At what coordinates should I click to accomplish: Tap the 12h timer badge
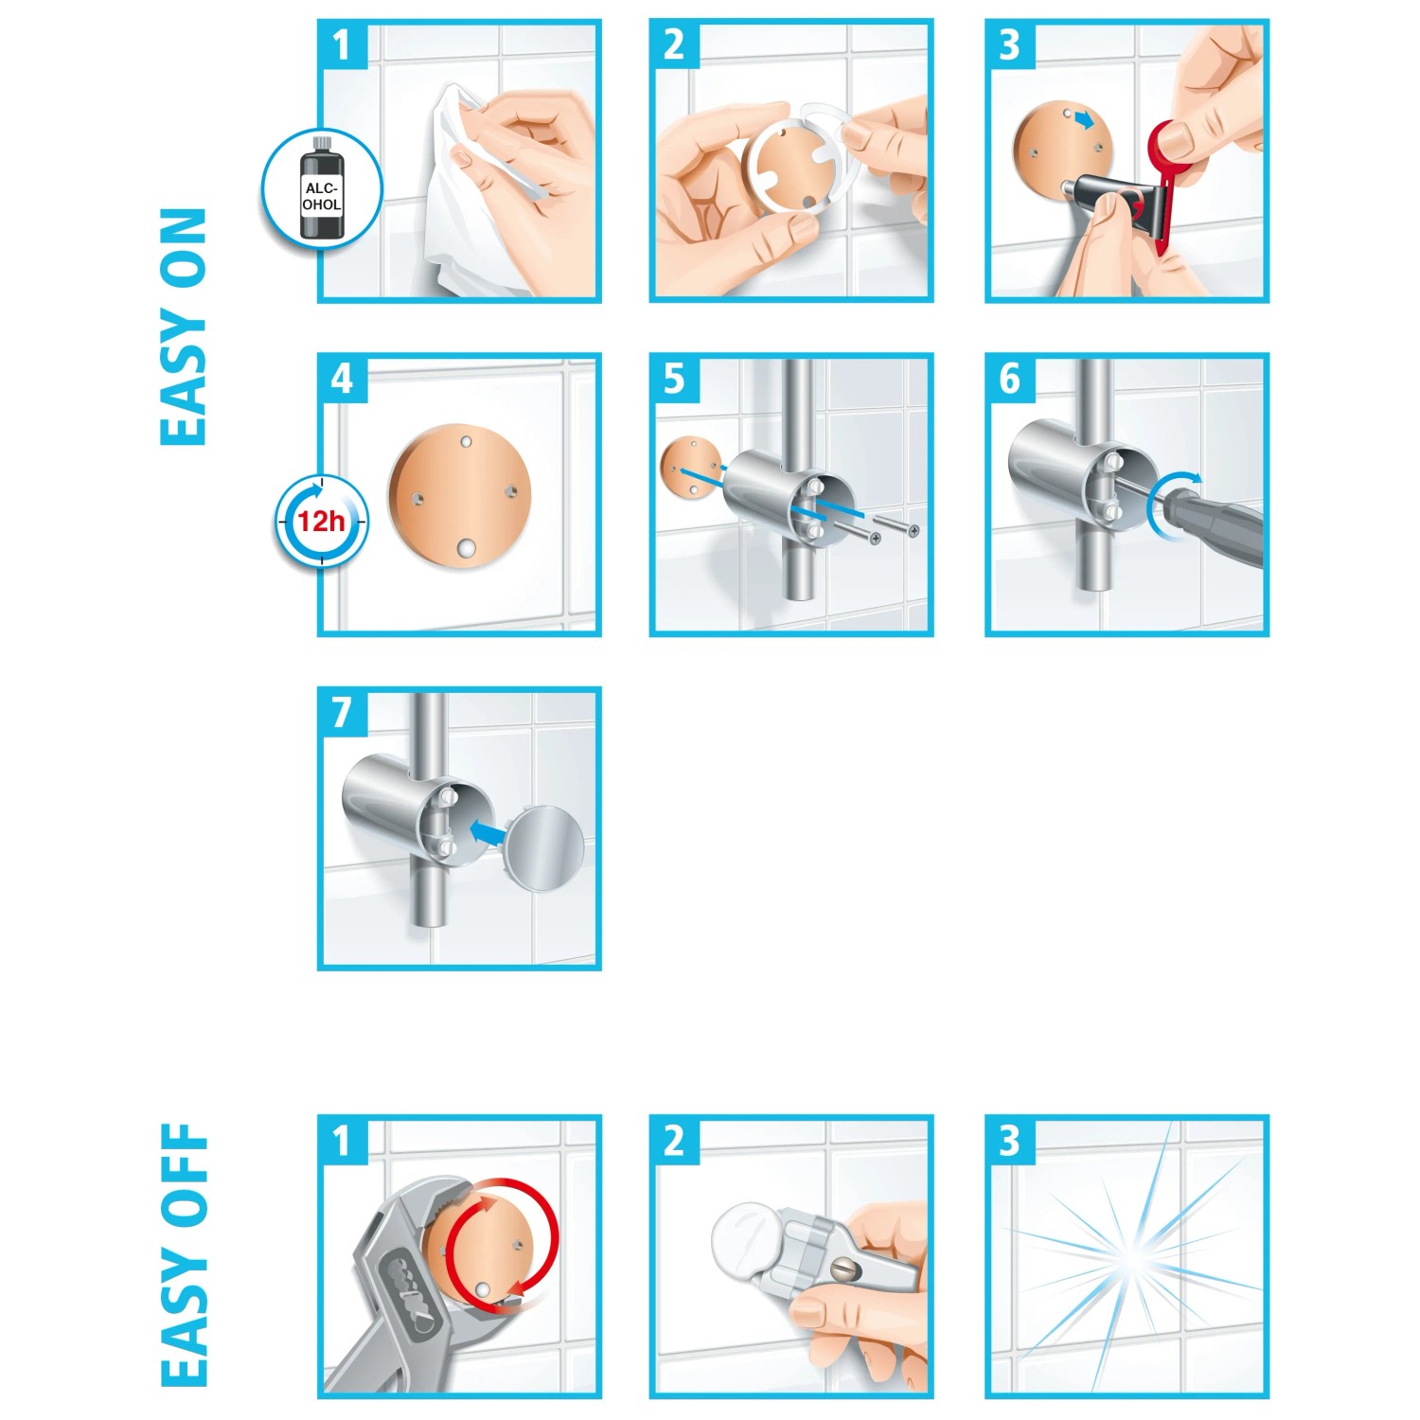[322, 522]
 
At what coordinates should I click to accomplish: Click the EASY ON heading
[184, 327]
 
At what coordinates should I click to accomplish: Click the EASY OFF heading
[184, 1254]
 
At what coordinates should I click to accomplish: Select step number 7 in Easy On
[342, 713]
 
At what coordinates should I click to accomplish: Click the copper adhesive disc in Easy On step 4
[460, 497]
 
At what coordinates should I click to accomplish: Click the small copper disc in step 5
[690, 466]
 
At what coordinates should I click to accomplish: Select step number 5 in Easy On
[673, 379]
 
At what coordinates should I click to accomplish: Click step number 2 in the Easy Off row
[673, 1141]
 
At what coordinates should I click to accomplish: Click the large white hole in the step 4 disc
[465, 548]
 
